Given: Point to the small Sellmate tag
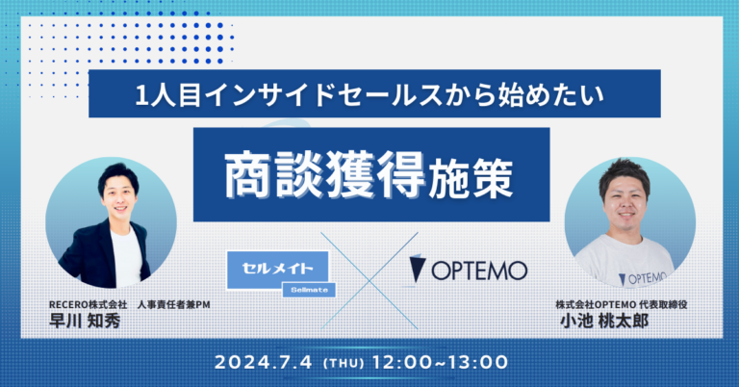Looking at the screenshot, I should (307, 287).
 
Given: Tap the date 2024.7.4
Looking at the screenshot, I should (274, 363).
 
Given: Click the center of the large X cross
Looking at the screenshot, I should (370, 272).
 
